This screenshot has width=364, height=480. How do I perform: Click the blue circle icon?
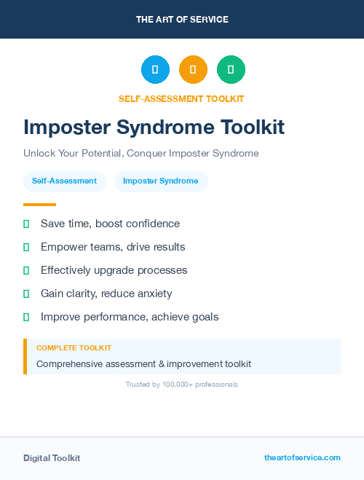(x=155, y=69)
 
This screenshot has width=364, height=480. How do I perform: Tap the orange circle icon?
(x=193, y=69)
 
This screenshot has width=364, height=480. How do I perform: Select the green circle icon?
(x=231, y=69)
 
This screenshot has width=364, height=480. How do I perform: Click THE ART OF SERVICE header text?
(x=182, y=19)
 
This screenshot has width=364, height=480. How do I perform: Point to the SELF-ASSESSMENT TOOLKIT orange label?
(x=181, y=98)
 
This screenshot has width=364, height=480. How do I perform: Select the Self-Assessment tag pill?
(x=64, y=181)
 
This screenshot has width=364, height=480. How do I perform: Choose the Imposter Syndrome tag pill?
(x=161, y=181)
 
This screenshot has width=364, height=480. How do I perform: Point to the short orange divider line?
(x=39, y=205)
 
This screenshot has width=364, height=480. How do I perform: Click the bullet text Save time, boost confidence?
(x=110, y=224)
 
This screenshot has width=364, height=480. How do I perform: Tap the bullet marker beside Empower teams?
(x=26, y=247)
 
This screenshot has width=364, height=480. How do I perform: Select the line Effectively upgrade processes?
(x=114, y=270)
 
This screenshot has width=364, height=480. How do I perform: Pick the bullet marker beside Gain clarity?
(x=26, y=294)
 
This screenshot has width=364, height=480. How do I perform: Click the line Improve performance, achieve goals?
(x=130, y=317)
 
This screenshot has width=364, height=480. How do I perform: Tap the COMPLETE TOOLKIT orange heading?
(x=74, y=348)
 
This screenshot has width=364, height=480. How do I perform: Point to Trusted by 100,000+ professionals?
(x=182, y=384)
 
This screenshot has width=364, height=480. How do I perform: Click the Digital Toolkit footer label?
(x=52, y=458)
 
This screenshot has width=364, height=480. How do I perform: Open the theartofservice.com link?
(x=302, y=457)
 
